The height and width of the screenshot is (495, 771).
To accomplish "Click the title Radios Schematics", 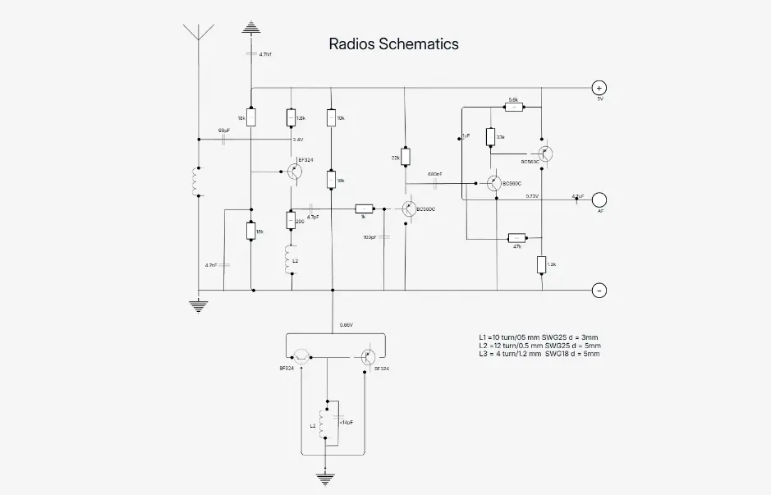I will click(393, 44).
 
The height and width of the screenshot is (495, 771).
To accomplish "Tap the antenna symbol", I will click(197, 33).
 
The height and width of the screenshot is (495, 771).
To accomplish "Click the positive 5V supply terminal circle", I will click(599, 88).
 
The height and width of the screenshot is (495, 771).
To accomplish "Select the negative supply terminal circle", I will click(599, 290).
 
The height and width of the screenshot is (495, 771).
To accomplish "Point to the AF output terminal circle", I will click(599, 199).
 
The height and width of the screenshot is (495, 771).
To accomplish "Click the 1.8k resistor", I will click(291, 118).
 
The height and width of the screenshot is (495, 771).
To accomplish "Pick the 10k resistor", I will click(332, 118).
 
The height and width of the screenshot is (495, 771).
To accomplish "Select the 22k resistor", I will click(405, 157).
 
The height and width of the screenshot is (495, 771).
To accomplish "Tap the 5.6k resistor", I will click(513, 106).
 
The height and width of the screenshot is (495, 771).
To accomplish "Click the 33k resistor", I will click(490, 137).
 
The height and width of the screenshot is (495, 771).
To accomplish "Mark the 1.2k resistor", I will click(542, 264).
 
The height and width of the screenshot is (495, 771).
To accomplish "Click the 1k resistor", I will click(364, 209).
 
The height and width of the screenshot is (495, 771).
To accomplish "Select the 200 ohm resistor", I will click(291, 220).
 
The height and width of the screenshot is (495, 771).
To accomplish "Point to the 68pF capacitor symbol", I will click(224, 138).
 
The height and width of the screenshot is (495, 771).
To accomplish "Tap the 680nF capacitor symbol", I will click(435, 182).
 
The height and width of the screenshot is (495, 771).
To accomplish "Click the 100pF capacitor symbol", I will click(384, 236).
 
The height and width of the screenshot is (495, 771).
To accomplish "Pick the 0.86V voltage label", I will click(346, 325).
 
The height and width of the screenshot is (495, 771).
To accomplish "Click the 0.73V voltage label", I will click(532, 196).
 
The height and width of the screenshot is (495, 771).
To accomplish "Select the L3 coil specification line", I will click(539, 354).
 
